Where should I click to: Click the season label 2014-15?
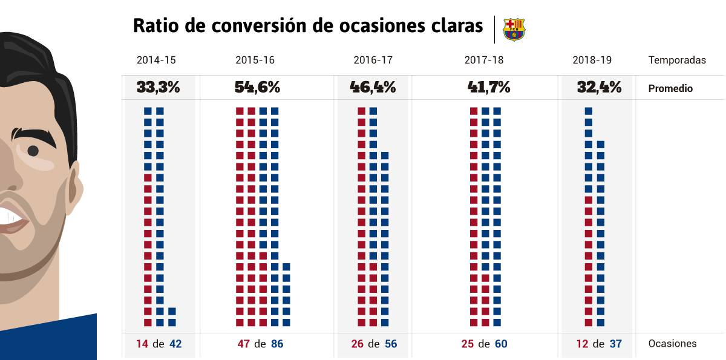[x=156, y=61]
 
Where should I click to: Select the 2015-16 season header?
[x=255, y=61]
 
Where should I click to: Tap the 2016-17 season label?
[x=373, y=61]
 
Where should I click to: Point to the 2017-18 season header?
[x=484, y=61]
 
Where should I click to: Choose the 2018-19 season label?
[x=592, y=61]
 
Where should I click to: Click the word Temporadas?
[x=677, y=61]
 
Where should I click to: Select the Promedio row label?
[x=670, y=88]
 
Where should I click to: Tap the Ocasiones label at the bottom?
[x=672, y=344]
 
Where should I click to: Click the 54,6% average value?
[x=257, y=87]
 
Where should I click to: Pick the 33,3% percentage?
[x=158, y=87]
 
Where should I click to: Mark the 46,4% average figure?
[x=373, y=87]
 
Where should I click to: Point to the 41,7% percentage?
[x=489, y=87]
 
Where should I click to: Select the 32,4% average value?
[x=599, y=87]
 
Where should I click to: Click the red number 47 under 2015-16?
[x=244, y=344]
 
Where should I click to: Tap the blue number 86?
[x=276, y=344]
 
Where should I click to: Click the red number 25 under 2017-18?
[x=467, y=344]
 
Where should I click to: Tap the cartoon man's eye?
[x=33, y=151]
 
